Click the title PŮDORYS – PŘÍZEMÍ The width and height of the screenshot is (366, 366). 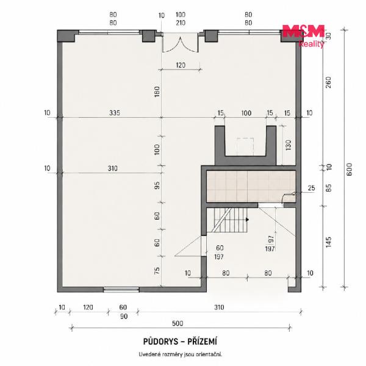click(180, 342)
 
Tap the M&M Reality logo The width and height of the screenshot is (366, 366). click(303, 35)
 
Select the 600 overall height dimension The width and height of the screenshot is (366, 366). click(349, 170)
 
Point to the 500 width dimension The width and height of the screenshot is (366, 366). click(178, 323)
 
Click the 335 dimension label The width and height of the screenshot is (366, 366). click(115, 113)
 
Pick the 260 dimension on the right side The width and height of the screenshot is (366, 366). click(328, 82)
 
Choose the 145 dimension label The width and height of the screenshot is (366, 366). click(328, 242)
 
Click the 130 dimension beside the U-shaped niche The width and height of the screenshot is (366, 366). click(289, 145)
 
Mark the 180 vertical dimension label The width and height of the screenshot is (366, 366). click(157, 91)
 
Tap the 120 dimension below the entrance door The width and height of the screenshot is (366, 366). click(181, 65)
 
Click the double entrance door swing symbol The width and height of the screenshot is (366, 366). click(180, 45)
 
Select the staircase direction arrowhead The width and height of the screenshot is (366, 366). click(247, 220)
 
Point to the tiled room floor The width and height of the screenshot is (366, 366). click(251, 186)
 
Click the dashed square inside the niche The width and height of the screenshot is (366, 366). click(245, 146)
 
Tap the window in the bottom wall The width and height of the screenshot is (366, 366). click(121, 290)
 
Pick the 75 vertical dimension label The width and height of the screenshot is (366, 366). click(157, 271)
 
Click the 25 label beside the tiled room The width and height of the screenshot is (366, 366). click(311, 188)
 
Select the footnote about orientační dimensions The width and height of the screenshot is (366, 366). click(180, 354)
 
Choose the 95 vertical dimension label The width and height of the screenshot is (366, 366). click(157, 185)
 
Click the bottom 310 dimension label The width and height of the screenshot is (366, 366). click(219, 307)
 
